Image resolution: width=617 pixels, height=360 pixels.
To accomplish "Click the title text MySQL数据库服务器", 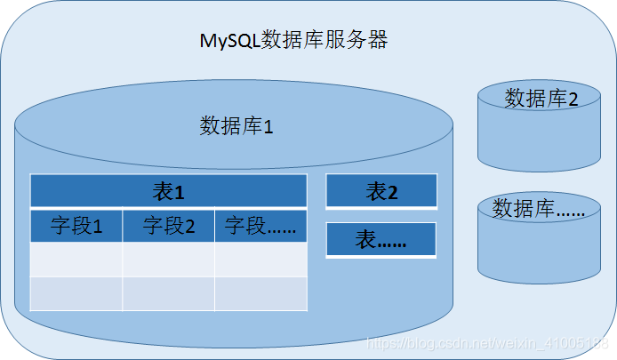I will (x=292, y=41).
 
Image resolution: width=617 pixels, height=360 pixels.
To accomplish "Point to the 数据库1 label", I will (x=236, y=125).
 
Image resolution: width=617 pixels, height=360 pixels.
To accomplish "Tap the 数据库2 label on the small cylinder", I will (x=541, y=99).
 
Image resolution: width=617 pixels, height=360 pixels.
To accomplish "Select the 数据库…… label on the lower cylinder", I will (x=539, y=209).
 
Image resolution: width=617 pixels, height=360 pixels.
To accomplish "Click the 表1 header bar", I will (x=168, y=191).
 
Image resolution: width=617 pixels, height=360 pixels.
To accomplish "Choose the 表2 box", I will (x=381, y=191).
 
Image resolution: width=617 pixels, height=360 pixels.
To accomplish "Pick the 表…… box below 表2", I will (x=381, y=240).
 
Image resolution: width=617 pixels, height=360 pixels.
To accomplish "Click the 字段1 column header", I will (x=76, y=226).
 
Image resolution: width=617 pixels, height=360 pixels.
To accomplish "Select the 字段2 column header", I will (x=169, y=226).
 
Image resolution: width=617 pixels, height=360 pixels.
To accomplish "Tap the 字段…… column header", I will (x=260, y=226).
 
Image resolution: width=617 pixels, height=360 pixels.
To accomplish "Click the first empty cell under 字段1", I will (x=76, y=260).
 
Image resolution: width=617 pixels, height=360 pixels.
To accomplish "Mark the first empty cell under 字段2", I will (x=169, y=260).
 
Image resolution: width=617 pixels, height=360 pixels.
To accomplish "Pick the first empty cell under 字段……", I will (x=260, y=260).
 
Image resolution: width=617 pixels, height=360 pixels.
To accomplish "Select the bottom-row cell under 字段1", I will (x=76, y=293).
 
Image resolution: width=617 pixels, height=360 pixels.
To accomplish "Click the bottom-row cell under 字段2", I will (x=169, y=293).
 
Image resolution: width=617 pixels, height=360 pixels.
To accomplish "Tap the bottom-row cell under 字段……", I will (x=260, y=293).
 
